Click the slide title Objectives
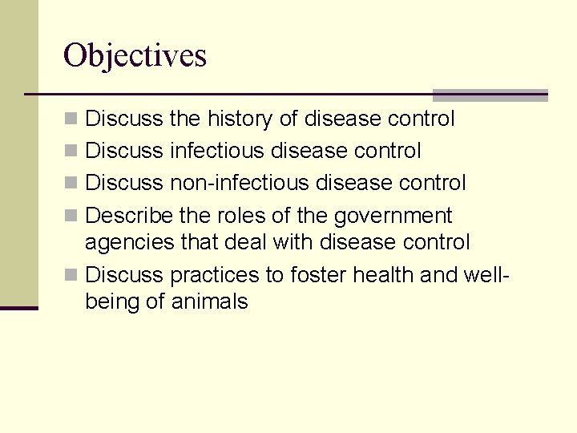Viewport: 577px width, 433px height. (135, 55)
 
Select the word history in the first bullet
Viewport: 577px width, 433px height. (240, 119)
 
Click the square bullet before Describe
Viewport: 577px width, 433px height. (71, 216)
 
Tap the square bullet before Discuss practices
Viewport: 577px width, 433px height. (71, 275)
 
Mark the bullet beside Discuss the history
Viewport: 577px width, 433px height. (71, 119)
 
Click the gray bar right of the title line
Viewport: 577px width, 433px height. (490, 95)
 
